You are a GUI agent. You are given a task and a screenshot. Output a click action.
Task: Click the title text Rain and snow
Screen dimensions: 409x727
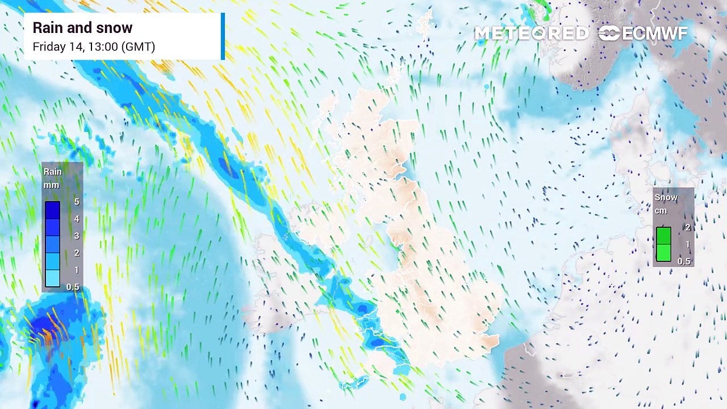point(82,28)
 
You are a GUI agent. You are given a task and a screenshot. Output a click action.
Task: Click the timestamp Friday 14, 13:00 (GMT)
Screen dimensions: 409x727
point(94,47)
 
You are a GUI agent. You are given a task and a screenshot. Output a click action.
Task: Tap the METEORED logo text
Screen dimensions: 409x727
point(531,34)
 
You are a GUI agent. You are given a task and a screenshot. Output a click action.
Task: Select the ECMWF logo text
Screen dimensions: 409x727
point(655,34)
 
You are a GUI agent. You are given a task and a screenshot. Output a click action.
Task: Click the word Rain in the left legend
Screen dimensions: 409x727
point(52,172)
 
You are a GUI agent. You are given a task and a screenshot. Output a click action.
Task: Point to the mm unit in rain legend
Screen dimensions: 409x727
point(51,185)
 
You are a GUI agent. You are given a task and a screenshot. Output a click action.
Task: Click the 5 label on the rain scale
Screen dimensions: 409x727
point(77,202)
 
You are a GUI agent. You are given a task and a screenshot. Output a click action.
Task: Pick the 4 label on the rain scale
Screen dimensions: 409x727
point(77,219)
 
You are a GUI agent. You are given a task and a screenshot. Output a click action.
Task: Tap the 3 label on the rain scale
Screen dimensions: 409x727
point(77,236)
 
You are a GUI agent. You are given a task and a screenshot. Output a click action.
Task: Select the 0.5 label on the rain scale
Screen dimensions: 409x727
point(73,287)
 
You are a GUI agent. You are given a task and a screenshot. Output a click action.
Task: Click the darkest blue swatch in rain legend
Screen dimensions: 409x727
point(52,210)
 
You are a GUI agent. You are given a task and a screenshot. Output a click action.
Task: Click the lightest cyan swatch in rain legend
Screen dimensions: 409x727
point(52,278)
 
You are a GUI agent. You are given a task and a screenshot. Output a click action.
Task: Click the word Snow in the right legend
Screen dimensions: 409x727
point(666,197)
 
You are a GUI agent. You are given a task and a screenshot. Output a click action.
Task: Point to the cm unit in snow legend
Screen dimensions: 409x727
point(661,211)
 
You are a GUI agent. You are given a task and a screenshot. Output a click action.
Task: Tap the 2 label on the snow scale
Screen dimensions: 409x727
point(688,227)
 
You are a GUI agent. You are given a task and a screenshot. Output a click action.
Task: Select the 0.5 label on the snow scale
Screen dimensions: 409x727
point(684,261)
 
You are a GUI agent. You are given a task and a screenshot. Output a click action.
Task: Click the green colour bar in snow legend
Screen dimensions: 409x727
point(663,244)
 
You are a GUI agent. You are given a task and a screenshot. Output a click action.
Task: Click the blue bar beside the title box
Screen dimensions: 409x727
point(223,36)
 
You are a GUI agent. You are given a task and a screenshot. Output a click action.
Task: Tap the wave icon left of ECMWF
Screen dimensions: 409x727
point(609,34)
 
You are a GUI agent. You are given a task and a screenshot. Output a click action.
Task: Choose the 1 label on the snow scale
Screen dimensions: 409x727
point(688,244)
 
